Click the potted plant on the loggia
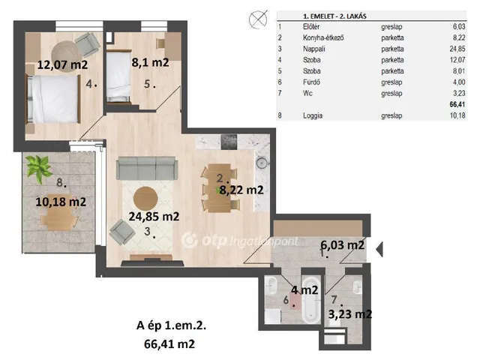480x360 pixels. pyautogui.click(x=38, y=168)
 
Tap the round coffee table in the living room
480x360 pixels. pyautogui.click(x=145, y=198)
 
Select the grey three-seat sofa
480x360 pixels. pyautogui.click(x=147, y=168)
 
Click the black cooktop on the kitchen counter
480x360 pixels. pyautogui.click(x=229, y=142)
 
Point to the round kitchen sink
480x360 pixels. pyautogui.click(x=262, y=163)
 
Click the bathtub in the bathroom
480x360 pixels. pyautogui.click(x=310, y=300)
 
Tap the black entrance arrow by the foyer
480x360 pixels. pyautogui.click(x=379, y=250)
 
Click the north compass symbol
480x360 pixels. pyautogui.click(x=258, y=20)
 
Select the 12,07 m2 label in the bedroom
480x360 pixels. pyautogui.click(x=62, y=64)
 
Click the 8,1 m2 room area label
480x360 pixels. pyautogui.click(x=150, y=62)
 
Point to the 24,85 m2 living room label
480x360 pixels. pyautogui.click(x=154, y=217)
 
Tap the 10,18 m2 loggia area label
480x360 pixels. pyautogui.click(x=61, y=202)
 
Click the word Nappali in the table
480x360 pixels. pyautogui.click(x=313, y=49)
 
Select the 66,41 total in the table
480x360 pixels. pyautogui.click(x=457, y=104)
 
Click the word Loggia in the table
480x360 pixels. pyautogui.click(x=313, y=115)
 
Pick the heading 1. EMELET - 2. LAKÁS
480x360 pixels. pyautogui.click(x=334, y=16)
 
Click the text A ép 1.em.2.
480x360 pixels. pyautogui.click(x=171, y=325)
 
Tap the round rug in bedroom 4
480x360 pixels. pyautogui.click(x=67, y=56)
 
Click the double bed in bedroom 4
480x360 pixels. pyautogui.click(x=53, y=100)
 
